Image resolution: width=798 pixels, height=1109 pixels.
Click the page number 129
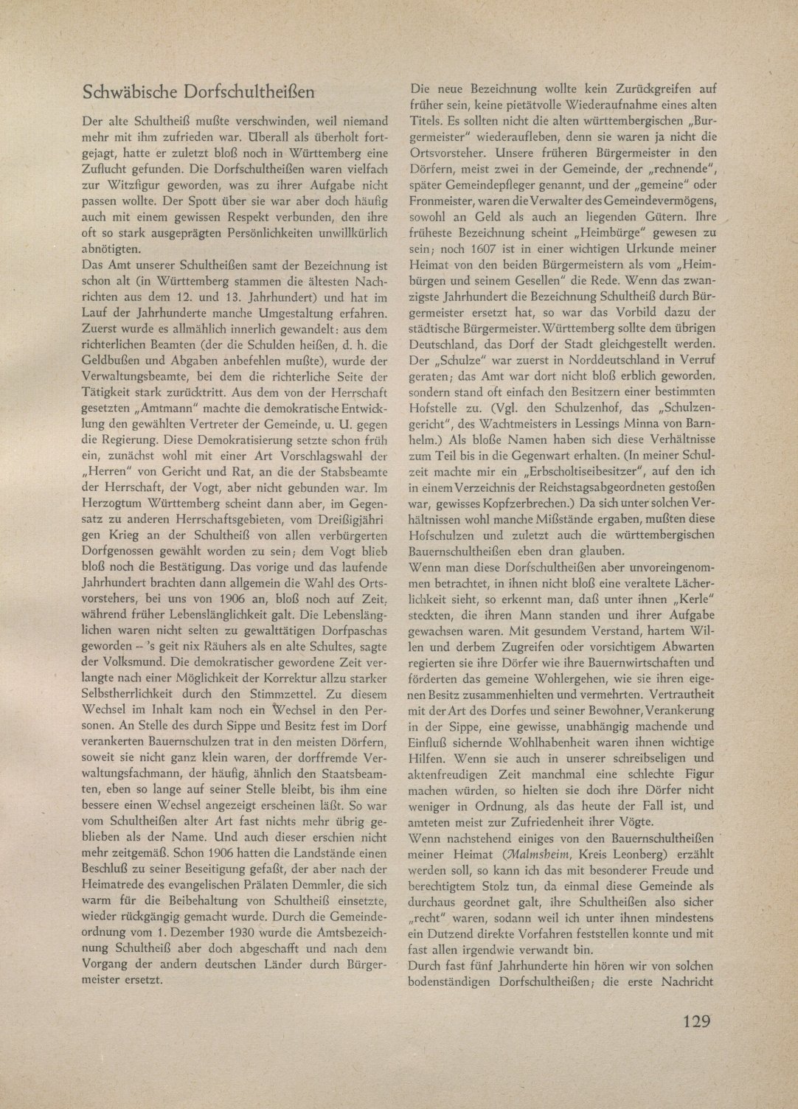pos(695,1021)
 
